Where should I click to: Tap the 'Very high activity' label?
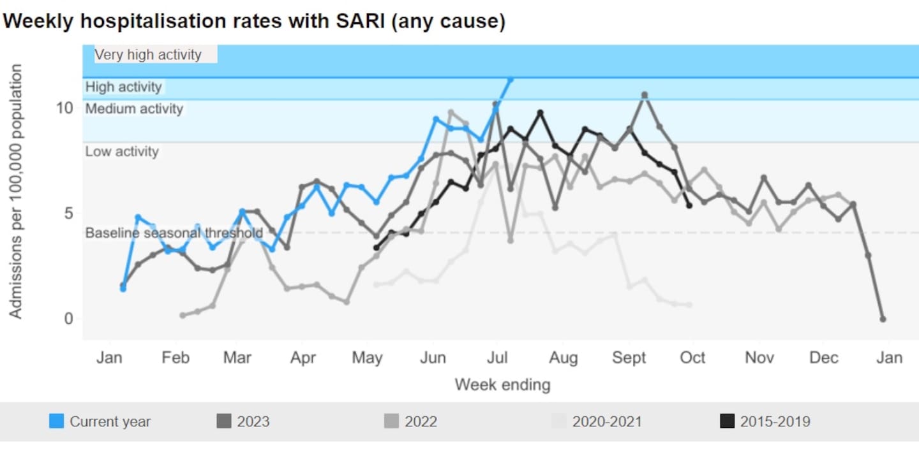[x=148, y=55]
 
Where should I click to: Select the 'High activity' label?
[x=124, y=87]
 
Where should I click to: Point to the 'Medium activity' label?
[x=134, y=109]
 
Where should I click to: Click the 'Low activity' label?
[x=121, y=152]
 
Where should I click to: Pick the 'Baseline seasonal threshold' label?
[x=174, y=233]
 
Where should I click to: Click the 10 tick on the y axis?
[x=64, y=107]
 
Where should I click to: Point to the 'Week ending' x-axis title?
[x=502, y=385]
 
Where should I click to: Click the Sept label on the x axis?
[x=629, y=358]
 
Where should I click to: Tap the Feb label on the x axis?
[x=176, y=358]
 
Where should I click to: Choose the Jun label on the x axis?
[x=433, y=358]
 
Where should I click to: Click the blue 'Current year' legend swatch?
[x=57, y=421]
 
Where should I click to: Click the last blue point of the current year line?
[x=510, y=79]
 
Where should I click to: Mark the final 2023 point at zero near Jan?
[x=883, y=319]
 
